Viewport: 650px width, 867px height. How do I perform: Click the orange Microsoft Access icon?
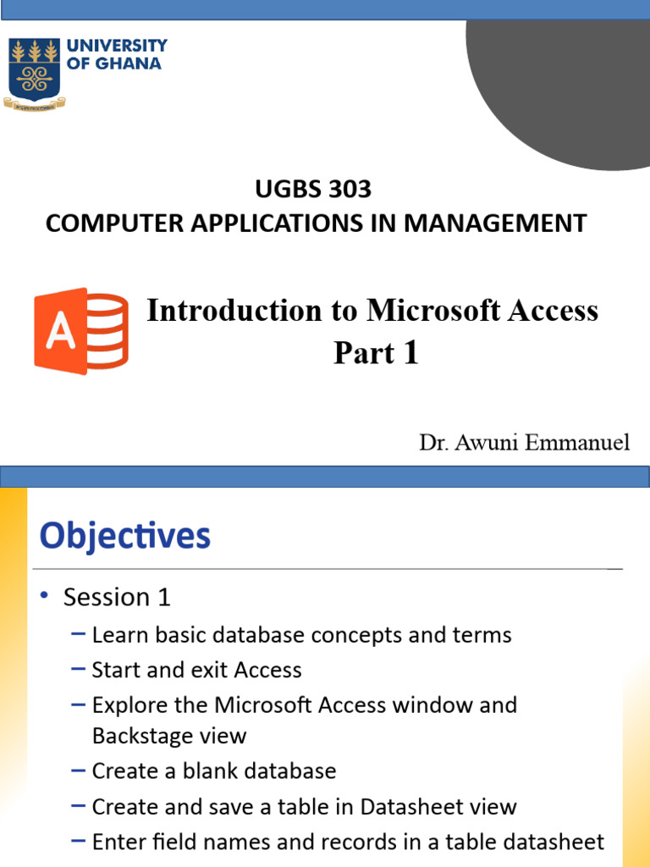(81, 330)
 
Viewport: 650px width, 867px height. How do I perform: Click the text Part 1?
(376, 353)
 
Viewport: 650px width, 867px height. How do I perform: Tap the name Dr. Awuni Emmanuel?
(524, 443)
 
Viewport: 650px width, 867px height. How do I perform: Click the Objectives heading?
(125, 536)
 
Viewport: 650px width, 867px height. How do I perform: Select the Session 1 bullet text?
(117, 598)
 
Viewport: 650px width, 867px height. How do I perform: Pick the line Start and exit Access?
(196, 671)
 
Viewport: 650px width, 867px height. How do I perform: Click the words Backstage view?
(169, 736)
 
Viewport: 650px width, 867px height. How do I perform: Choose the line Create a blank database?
(213, 771)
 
